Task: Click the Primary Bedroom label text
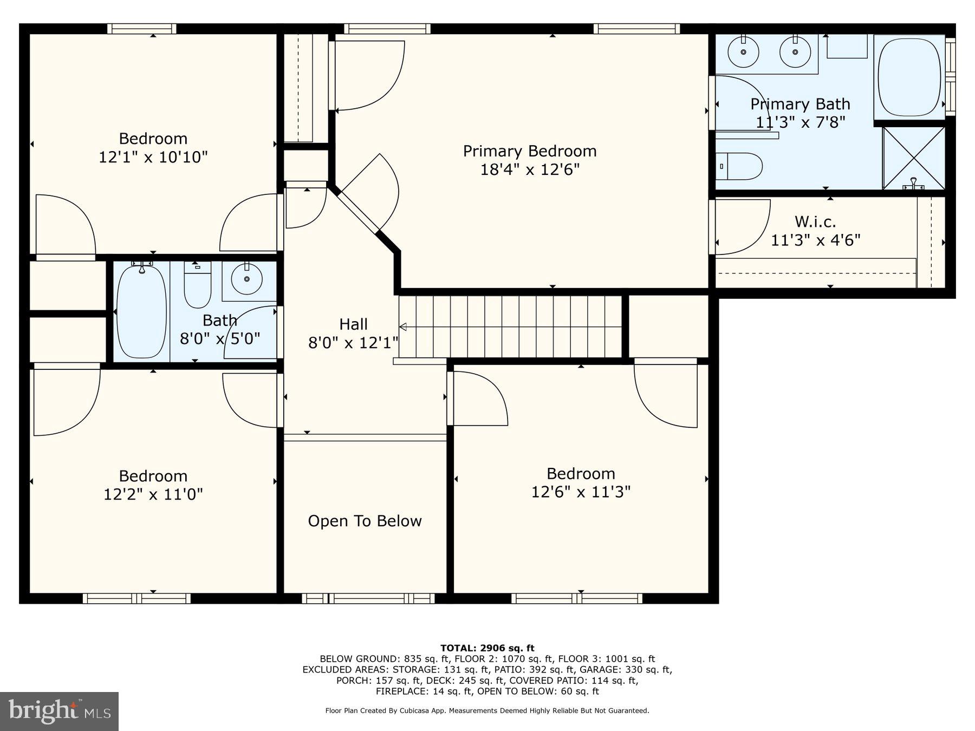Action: click(x=529, y=151)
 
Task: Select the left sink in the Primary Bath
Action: click(x=743, y=52)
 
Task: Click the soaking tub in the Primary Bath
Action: click(x=909, y=76)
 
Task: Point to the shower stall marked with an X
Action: click(x=913, y=158)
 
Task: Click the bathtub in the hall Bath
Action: click(x=141, y=312)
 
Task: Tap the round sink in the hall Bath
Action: click(x=247, y=279)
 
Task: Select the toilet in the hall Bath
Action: click(x=197, y=285)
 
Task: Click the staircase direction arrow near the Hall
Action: click(x=403, y=327)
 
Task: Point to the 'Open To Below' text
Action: click(x=365, y=521)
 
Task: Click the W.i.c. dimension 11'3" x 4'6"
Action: click(x=815, y=240)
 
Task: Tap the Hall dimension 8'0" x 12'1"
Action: click(x=353, y=343)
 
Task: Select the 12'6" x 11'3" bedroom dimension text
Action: click(x=581, y=492)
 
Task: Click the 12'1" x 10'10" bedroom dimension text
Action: click(x=153, y=157)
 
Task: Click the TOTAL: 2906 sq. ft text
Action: click(x=487, y=648)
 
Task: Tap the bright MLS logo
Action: click(x=59, y=711)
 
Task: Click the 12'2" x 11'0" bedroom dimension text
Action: click(x=153, y=494)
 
